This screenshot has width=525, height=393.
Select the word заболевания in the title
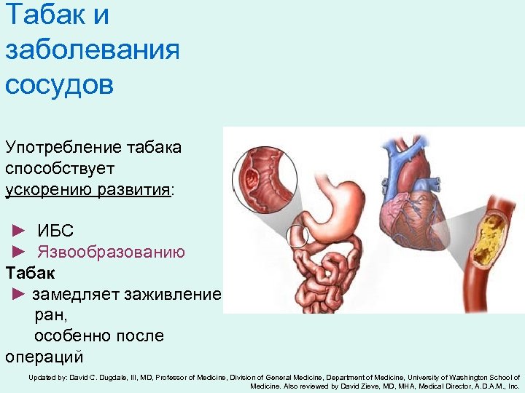pos(92,50)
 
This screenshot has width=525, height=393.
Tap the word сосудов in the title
pos(59,84)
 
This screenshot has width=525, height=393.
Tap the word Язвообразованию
pos(111,253)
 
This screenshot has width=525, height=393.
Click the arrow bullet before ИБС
pos(19,231)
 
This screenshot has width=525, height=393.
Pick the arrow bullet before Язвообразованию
pos(19,253)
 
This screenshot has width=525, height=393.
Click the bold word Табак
pos(30,273)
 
